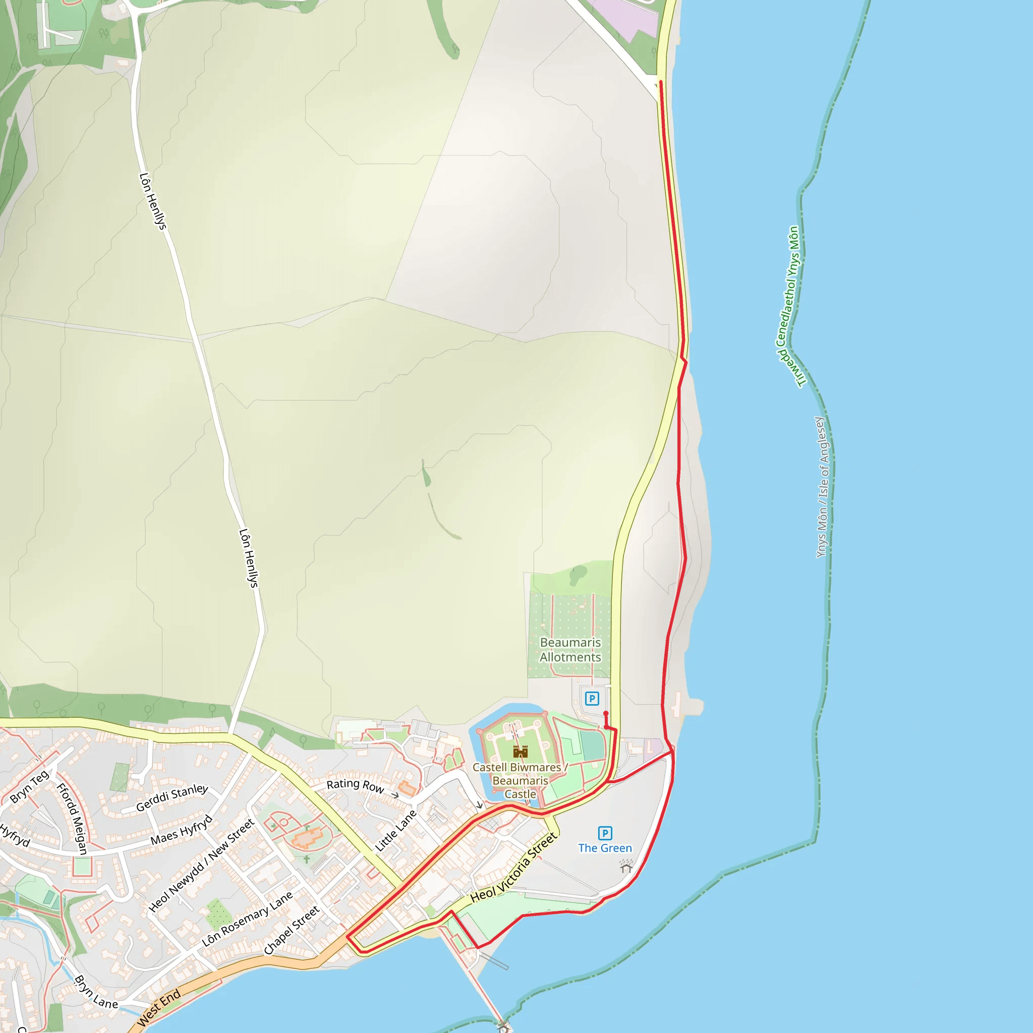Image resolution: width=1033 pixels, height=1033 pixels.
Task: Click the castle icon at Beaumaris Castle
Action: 520,752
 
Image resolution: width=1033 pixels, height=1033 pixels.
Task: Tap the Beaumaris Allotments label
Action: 570,650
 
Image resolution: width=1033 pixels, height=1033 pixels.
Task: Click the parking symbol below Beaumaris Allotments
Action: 592,698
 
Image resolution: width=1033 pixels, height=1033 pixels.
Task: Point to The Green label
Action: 605,848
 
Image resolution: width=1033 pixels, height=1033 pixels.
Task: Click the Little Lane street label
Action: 395,831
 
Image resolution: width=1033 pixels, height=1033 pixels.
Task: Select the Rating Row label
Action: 355,785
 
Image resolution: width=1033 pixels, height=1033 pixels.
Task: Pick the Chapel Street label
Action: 292,930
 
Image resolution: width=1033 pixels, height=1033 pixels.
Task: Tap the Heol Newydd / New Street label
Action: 201,865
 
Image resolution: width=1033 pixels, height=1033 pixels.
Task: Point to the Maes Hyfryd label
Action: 181,830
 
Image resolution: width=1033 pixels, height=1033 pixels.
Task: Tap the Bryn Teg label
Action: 29,786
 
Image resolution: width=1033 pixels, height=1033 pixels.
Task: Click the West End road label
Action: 159,1008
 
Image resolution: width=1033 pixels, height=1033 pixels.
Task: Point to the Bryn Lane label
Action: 96,992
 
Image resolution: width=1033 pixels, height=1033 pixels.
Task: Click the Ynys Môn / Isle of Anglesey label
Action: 822,487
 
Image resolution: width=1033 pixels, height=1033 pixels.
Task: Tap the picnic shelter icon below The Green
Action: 626,866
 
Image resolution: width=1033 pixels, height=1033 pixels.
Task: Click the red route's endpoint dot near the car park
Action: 606,714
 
